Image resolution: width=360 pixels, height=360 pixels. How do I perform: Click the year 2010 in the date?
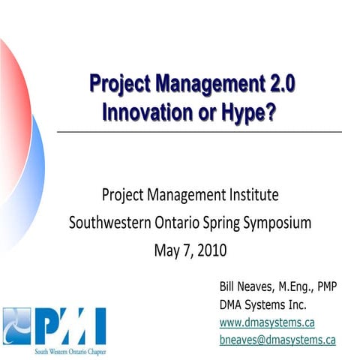[211, 248]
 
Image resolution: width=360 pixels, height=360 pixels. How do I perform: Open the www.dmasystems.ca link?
[266, 322]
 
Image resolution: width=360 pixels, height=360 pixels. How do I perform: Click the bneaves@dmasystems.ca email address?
[277, 339]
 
